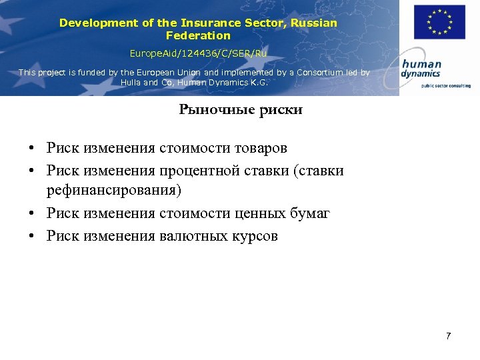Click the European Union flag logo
tap(439, 22)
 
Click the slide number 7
tap(448, 335)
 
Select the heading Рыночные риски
tap(240, 110)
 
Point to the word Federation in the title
tap(198, 35)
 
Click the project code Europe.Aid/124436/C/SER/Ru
tap(198, 53)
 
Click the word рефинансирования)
tap(113, 191)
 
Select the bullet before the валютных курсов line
tap(32, 237)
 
